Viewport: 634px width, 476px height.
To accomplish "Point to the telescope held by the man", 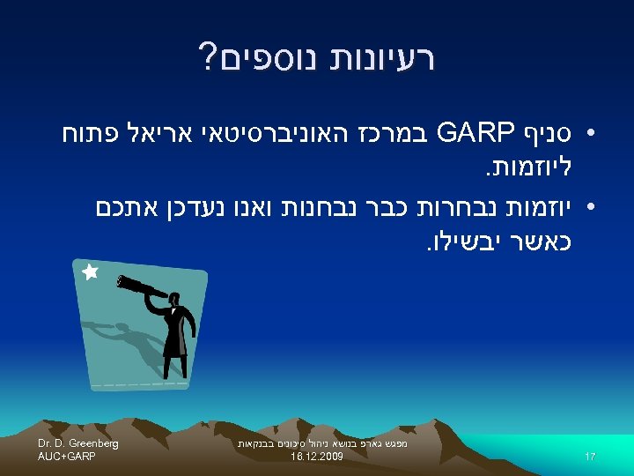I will point(141,287).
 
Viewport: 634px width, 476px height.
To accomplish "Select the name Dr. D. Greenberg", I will point(78,443).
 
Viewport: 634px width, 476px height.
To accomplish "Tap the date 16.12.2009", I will point(316,458).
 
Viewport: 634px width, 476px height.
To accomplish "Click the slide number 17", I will point(590,457).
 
